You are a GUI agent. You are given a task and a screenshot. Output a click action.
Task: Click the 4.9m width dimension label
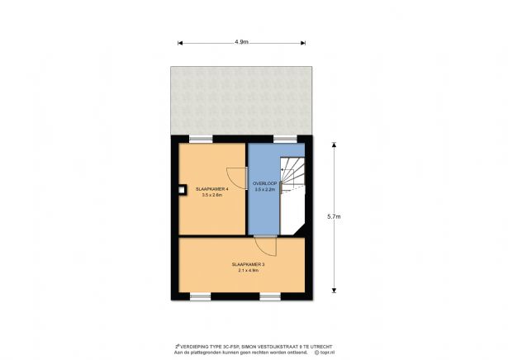242,40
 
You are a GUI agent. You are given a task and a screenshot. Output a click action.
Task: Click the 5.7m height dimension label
334,216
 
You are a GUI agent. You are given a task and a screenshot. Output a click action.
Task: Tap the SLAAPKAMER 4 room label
212,189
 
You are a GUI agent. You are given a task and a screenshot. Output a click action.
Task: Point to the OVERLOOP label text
264,182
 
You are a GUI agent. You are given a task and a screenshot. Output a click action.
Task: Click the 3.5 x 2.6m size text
212,196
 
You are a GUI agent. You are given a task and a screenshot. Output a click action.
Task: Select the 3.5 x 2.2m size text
264,189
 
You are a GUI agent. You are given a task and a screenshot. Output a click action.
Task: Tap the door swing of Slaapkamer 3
265,245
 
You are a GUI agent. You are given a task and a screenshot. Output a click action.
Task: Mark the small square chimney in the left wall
181,195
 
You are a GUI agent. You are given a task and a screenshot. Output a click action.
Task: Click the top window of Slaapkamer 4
201,138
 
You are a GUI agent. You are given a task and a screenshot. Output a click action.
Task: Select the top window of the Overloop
285,138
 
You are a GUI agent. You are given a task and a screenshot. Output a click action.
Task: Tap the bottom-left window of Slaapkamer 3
201,296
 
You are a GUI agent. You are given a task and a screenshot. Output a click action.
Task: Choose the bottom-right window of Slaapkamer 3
272,296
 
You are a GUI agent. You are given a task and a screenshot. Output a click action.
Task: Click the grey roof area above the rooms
242,99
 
